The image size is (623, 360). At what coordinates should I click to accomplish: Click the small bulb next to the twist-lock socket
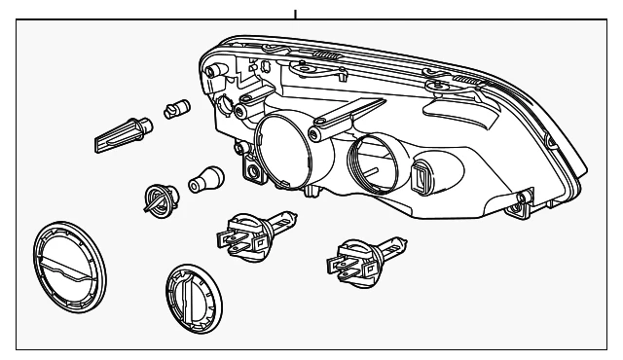coord(208,178)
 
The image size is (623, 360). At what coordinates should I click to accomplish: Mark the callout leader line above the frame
coord(295,14)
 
